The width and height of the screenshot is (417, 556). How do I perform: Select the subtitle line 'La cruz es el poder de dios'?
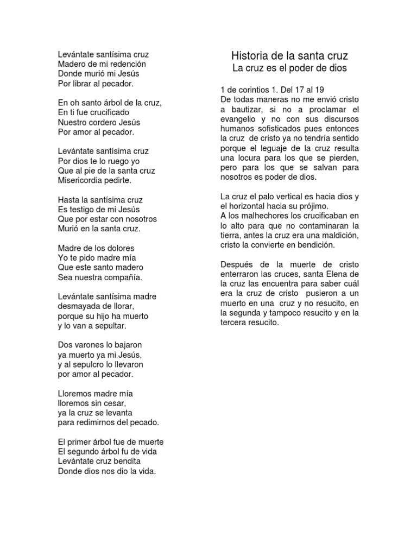(289, 68)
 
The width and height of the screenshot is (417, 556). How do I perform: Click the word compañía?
(119, 277)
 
